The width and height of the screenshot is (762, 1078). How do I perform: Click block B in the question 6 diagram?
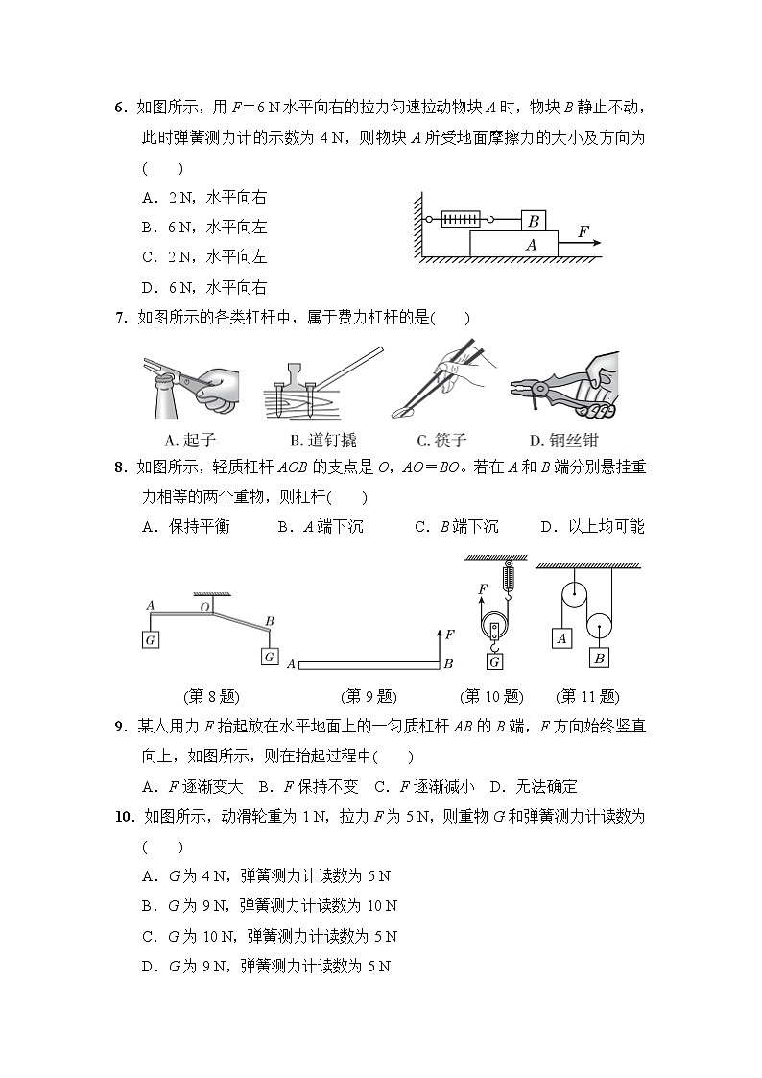534,221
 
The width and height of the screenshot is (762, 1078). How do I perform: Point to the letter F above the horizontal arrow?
583,231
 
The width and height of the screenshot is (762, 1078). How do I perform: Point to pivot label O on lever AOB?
204,607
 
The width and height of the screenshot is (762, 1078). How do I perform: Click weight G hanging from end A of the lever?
151,639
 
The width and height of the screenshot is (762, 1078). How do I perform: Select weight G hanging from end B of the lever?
270,658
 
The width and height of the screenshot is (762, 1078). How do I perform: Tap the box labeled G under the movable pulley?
495,661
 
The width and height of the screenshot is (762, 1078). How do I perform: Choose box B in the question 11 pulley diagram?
599,658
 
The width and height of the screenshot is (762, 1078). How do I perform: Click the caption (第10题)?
491,696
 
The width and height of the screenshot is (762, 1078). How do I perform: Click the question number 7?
120,319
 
